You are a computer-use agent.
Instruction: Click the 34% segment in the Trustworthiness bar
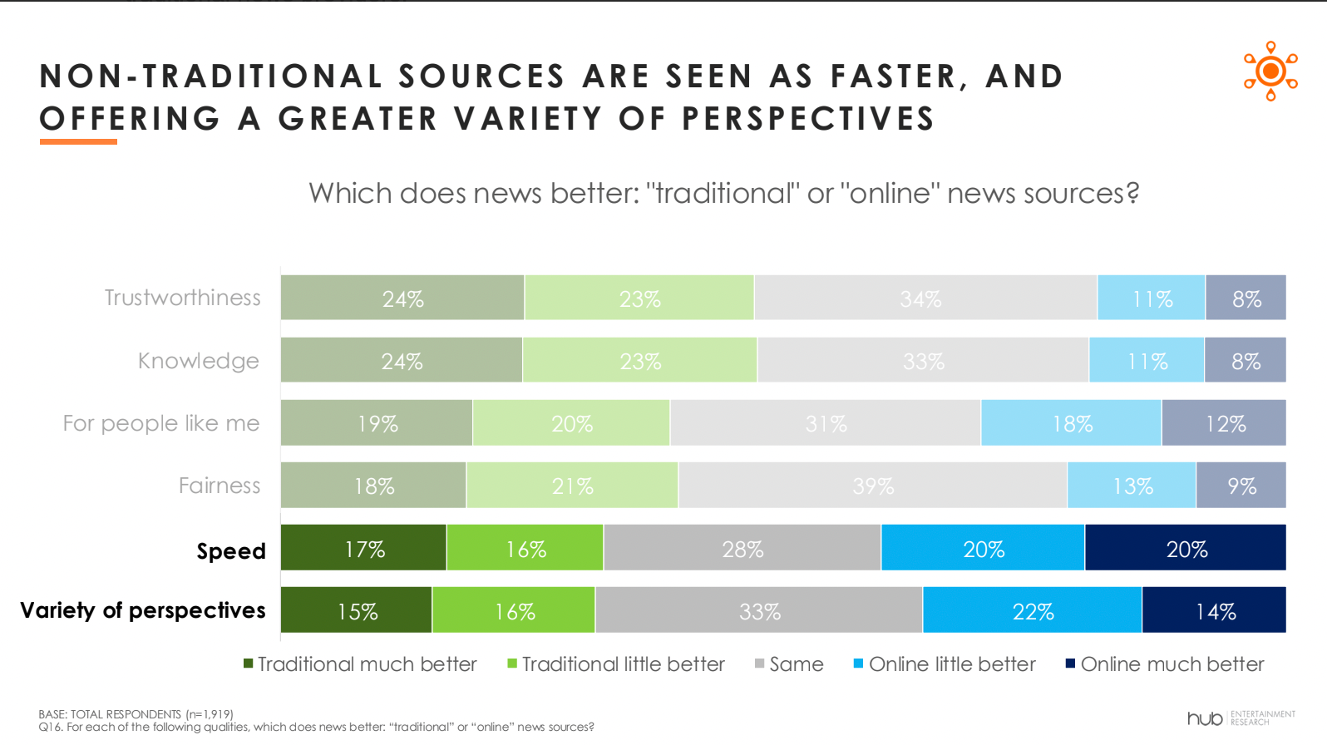click(925, 298)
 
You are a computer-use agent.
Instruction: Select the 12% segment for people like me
click(1224, 423)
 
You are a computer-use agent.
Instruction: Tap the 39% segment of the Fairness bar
click(873, 485)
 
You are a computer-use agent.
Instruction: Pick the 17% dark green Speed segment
click(363, 548)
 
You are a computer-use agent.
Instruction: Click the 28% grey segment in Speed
click(742, 548)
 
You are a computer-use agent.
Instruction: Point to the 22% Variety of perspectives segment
click(1033, 610)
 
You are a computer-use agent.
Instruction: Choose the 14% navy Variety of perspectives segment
click(1215, 610)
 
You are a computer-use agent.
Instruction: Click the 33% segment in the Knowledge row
click(923, 360)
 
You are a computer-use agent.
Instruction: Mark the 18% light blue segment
click(1071, 423)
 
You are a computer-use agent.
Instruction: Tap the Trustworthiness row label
click(182, 298)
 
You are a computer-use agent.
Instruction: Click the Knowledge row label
click(199, 361)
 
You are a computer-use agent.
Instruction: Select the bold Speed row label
click(231, 551)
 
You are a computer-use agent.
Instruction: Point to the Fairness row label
click(220, 486)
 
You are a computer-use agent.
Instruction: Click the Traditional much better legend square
click(249, 664)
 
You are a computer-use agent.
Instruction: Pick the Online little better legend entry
click(945, 664)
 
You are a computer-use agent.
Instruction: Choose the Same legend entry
click(789, 664)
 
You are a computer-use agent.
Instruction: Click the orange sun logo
click(1270, 72)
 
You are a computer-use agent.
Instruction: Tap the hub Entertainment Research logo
click(1241, 718)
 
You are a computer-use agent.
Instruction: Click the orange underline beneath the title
click(78, 141)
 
